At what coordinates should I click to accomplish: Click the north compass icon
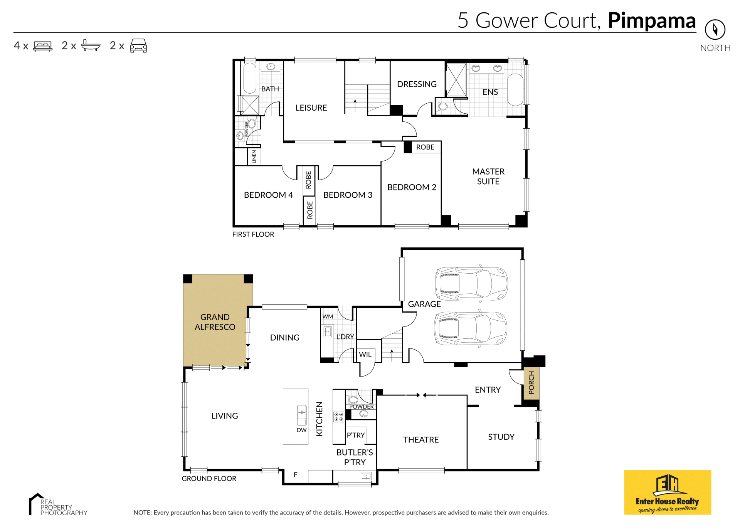point(715,29)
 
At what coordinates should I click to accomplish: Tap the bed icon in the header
point(43,46)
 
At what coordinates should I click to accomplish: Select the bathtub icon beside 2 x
point(91,45)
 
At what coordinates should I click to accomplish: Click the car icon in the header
point(138,45)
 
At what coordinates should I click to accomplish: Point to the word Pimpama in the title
point(652,21)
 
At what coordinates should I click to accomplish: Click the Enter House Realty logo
point(668,492)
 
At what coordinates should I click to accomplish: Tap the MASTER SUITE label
point(488,177)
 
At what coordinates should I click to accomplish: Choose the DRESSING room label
point(417,84)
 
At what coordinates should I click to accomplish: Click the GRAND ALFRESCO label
point(215,322)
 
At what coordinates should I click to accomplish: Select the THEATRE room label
point(421,440)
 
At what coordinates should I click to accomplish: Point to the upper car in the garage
point(471,283)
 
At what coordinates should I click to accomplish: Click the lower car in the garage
point(471,328)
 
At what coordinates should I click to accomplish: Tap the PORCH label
point(531,382)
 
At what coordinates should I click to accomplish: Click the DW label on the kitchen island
point(302,430)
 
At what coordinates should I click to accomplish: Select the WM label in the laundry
point(328,316)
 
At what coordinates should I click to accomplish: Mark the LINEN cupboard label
point(254,157)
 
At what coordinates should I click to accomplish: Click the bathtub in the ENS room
point(515,89)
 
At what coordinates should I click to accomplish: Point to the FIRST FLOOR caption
point(253,234)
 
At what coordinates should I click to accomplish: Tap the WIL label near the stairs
point(365,355)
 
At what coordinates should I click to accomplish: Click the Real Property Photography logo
point(58,504)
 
